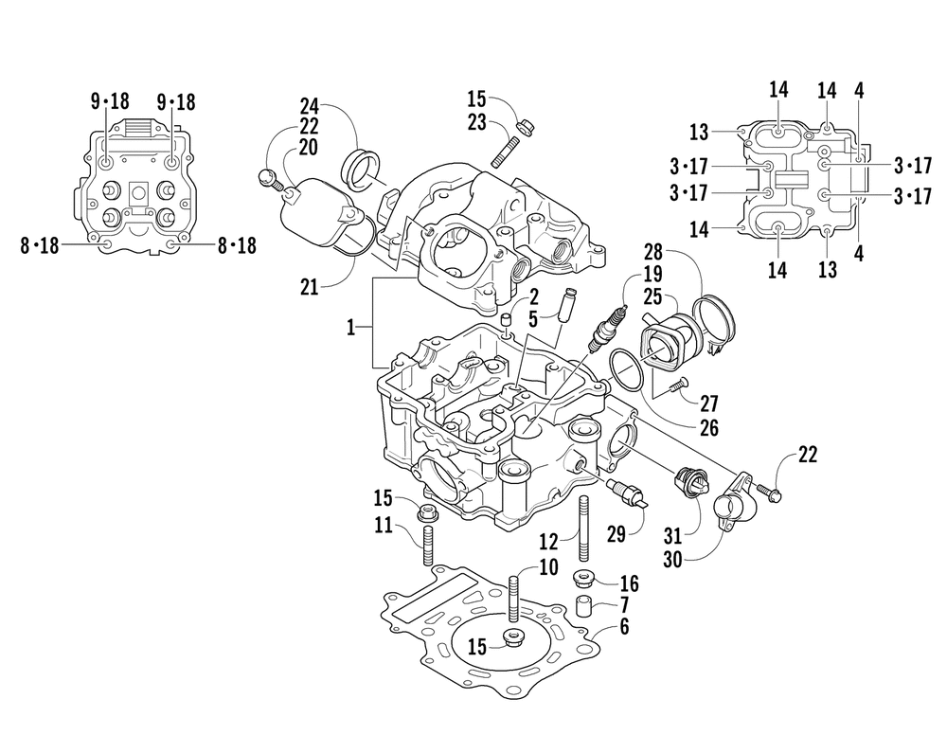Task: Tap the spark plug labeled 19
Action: pos(608,327)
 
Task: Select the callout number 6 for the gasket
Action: pos(624,626)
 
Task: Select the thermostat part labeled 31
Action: pos(689,486)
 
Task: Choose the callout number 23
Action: pos(475,121)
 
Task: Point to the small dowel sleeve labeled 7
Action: pos(584,606)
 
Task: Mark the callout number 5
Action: pos(535,320)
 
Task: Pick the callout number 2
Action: pos(535,297)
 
